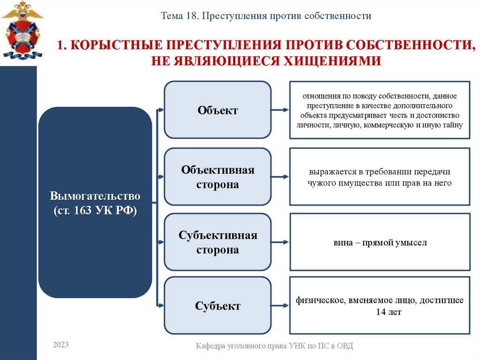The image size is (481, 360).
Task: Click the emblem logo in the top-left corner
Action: click(22, 30)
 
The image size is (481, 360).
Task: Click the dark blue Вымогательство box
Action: click(95, 203)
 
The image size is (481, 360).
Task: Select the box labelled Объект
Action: click(217, 110)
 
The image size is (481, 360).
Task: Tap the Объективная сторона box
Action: click(217, 177)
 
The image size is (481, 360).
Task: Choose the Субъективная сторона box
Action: click(217, 242)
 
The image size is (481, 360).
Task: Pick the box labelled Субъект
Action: click(217, 306)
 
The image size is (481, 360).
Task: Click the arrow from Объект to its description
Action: click(280, 110)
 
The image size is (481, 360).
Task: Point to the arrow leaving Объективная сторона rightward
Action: click(280, 177)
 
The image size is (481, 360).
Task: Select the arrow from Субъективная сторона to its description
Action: click(280, 242)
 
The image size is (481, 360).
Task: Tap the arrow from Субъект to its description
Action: click(280, 306)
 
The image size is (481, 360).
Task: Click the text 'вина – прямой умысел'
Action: click(380, 243)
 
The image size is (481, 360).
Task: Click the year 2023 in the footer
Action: click(61, 345)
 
